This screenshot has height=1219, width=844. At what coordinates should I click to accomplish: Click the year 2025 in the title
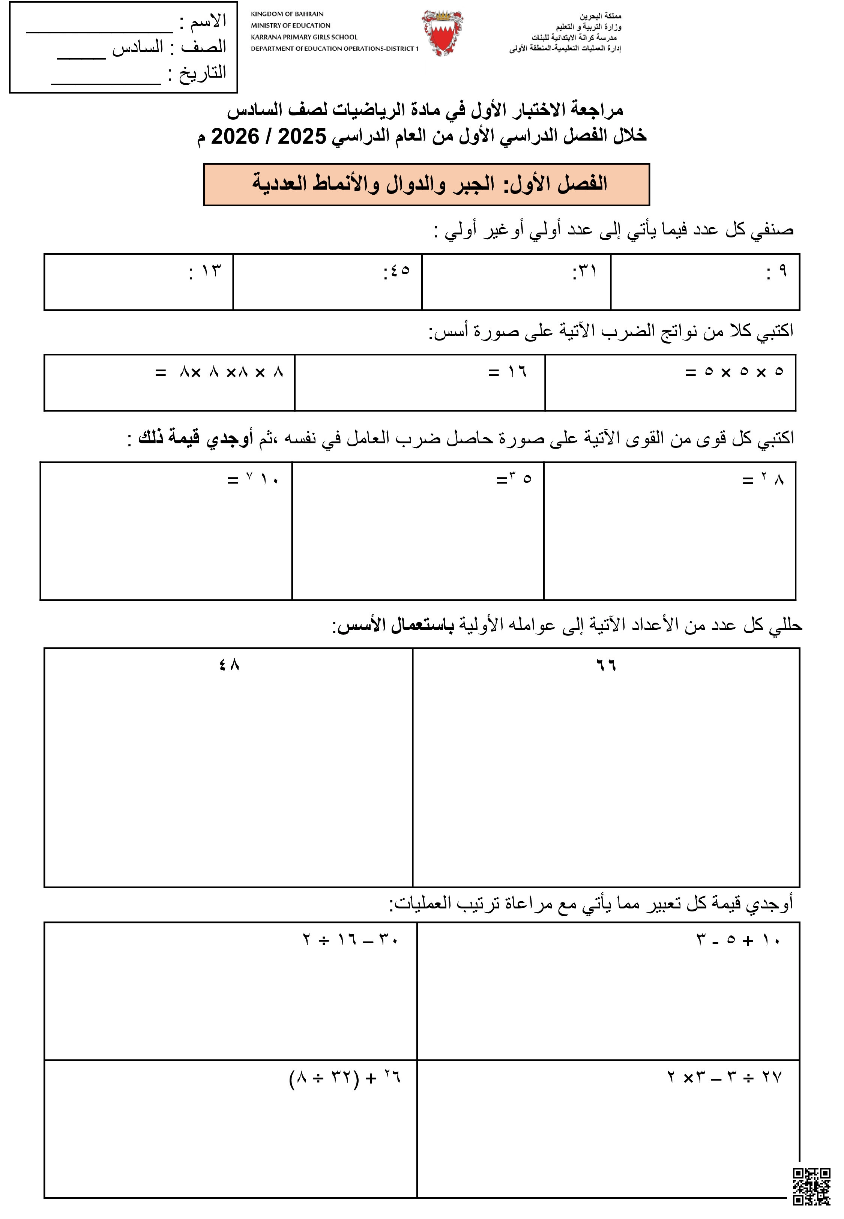click(302, 137)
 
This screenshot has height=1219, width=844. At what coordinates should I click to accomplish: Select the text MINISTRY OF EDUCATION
click(290, 26)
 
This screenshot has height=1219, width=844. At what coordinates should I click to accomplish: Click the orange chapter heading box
click(426, 184)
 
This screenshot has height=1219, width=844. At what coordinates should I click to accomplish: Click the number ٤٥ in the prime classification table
click(400, 271)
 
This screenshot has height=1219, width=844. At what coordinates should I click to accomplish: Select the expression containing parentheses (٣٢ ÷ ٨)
click(345, 1077)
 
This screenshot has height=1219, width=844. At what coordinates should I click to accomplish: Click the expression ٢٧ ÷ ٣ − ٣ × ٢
click(724, 1077)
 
